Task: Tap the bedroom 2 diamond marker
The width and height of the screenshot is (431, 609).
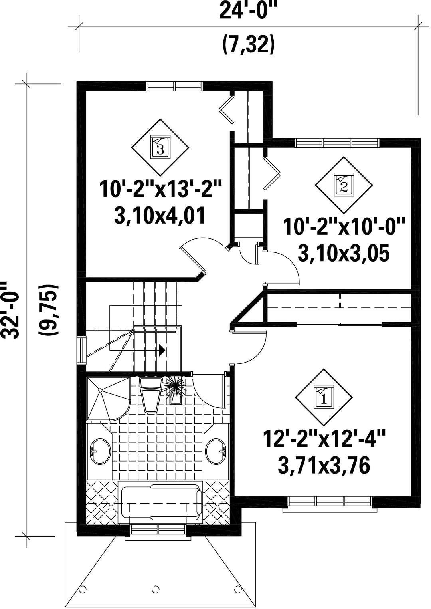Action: coord(344,185)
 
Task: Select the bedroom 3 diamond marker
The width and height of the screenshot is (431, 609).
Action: coord(160,147)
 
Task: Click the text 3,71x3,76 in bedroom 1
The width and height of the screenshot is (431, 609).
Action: coord(324,468)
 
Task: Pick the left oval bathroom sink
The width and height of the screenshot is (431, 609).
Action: coord(100,452)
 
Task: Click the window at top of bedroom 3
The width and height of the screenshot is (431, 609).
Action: coord(175,86)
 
